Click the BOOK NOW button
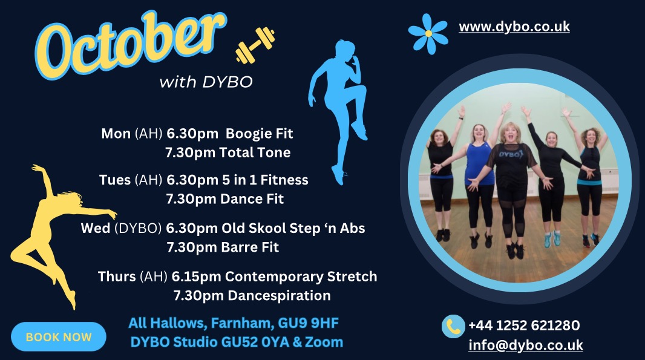click(x=59, y=336)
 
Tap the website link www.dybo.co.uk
click(x=514, y=27)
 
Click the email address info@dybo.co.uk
click(x=526, y=345)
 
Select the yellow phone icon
click(x=453, y=327)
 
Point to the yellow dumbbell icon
click(x=255, y=45)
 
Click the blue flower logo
click(x=428, y=34)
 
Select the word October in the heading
click(x=131, y=44)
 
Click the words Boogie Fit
click(x=259, y=134)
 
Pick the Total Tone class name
click(x=255, y=152)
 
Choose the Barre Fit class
click(x=250, y=247)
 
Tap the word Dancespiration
click(x=280, y=296)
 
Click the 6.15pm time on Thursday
click(x=196, y=277)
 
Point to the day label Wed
click(x=96, y=228)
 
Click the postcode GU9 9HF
click(x=308, y=323)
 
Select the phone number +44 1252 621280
click(x=524, y=326)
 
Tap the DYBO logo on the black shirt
click(x=511, y=154)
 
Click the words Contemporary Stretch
click(x=301, y=277)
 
